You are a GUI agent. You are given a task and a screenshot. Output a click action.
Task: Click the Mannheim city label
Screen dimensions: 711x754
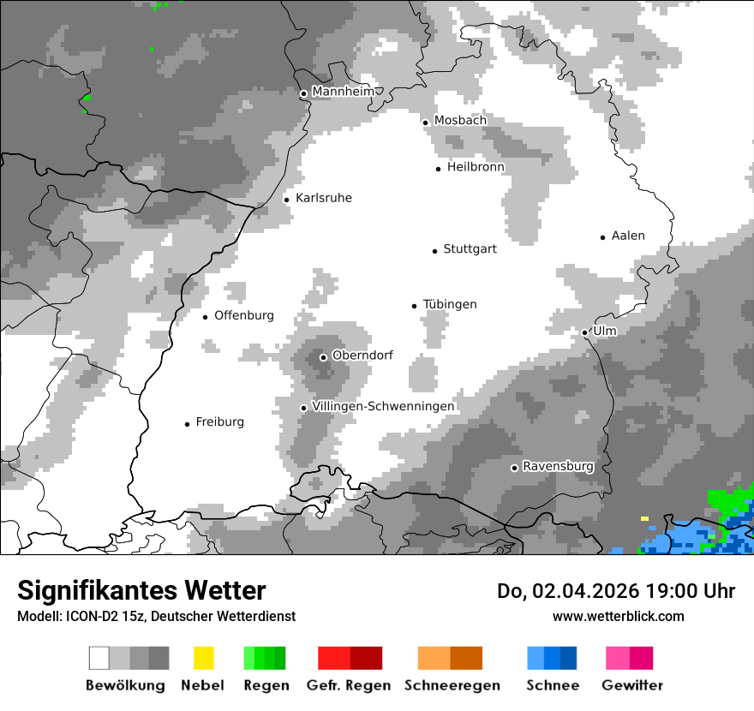pyautogui.click(x=343, y=92)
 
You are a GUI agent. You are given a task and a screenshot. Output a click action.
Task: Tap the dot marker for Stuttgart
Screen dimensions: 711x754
pyautogui.click(x=434, y=251)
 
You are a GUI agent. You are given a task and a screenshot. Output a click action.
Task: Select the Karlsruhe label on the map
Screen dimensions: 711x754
pyautogui.click(x=323, y=198)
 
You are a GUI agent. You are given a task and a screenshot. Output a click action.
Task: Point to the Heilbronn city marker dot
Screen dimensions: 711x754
pyautogui.click(x=438, y=169)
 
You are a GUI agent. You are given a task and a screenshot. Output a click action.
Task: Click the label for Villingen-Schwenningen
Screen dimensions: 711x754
pyautogui.click(x=383, y=406)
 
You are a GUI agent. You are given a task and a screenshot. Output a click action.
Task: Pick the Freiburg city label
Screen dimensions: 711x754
pyautogui.click(x=219, y=421)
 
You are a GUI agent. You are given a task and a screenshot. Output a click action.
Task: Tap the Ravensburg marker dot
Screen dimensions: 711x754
pyautogui.click(x=514, y=468)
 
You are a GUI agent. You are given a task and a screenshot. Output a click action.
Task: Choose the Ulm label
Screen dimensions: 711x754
pyautogui.click(x=604, y=331)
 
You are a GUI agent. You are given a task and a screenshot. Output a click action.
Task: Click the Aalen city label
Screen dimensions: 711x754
pyautogui.click(x=628, y=236)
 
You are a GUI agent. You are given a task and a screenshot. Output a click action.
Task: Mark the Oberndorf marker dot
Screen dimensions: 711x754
pyautogui.click(x=323, y=357)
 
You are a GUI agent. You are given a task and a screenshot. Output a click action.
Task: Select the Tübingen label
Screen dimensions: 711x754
pyautogui.click(x=450, y=304)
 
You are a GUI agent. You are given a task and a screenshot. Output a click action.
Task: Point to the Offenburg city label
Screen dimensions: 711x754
pyautogui.click(x=243, y=315)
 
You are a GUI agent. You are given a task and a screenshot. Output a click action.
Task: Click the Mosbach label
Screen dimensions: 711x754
pyautogui.click(x=460, y=121)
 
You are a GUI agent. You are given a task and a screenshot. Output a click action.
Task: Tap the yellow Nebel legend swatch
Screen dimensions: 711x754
pyautogui.click(x=203, y=658)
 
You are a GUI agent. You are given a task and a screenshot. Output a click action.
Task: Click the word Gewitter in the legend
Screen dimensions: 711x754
pyautogui.click(x=631, y=685)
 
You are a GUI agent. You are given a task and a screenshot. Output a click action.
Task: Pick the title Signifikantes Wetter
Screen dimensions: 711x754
pyautogui.click(x=141, y=590)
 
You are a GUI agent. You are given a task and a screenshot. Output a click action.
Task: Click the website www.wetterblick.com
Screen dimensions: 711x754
pyautogui.click(x=618, y=616)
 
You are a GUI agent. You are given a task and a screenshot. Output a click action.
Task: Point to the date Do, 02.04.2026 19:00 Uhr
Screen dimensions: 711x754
pyautogui.click(x=615, y=591)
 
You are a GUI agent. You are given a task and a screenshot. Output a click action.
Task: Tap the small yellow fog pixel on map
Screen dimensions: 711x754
pyautogui.click(x=644, y=518)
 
